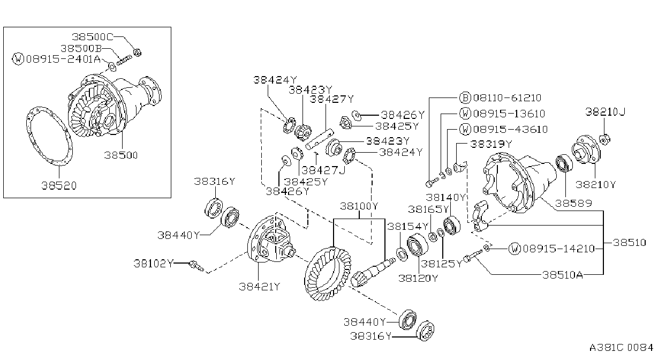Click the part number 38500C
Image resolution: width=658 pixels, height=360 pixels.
[93, 37]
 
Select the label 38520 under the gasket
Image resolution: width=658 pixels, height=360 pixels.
[59, 186]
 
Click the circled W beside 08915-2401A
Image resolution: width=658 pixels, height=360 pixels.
[18, 59]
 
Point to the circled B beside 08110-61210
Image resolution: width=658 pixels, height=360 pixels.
[465, 97]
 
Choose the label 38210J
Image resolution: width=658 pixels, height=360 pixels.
[605, 111]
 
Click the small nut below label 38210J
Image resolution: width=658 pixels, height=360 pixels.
[604, 139]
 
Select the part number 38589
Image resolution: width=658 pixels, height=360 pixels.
[573, 203]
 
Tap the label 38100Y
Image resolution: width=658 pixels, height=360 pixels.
[359, 206]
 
